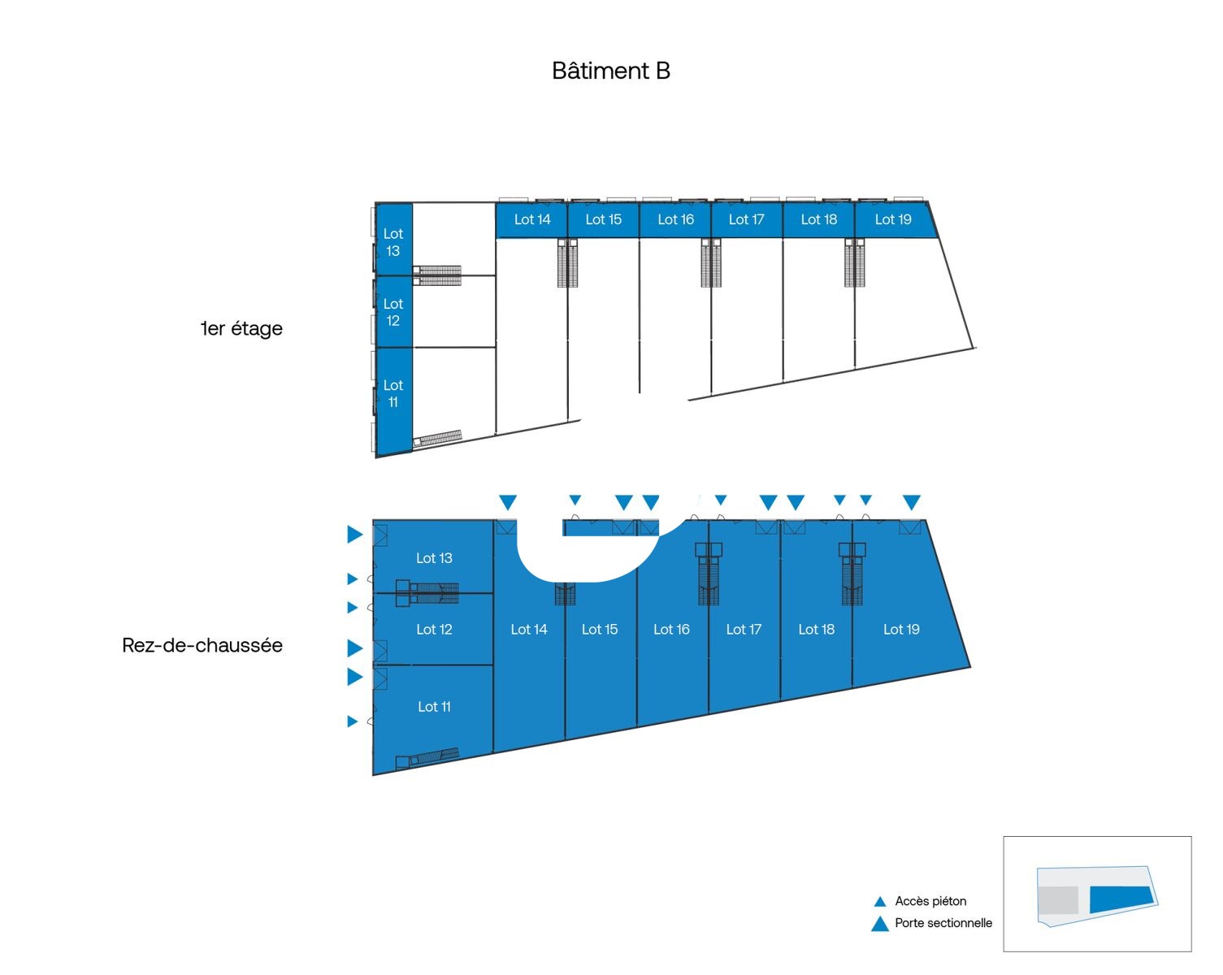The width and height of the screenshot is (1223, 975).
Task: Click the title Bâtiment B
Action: click(610, 71)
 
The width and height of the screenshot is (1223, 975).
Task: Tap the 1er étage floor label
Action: click(241, 328)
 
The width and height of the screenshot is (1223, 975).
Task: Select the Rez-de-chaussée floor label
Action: click(202, 645)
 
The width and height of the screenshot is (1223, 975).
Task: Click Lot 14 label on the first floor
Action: click(532, 219)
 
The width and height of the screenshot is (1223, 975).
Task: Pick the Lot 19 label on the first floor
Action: click(893, 219)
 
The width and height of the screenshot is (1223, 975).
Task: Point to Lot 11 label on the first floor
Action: click(393, 394)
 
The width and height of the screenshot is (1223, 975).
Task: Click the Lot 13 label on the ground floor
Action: click(434, 558)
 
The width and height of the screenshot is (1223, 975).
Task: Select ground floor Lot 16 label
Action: click(671, 630)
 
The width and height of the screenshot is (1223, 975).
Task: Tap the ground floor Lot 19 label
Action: click(901, 630)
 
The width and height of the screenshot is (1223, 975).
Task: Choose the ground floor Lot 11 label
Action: click(434, 707)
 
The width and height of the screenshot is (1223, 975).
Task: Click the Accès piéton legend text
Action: click(930, 901)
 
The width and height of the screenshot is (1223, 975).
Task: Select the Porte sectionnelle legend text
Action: click(943, 923)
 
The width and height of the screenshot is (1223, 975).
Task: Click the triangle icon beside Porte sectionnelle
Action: click(880, 924)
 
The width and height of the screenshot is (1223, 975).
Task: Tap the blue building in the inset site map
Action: click(1121, 899)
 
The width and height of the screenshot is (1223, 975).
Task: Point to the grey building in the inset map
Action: click(1059, 900)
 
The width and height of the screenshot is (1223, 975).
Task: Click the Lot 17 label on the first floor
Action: click(746, 219)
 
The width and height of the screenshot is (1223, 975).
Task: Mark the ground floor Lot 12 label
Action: click(434, 630)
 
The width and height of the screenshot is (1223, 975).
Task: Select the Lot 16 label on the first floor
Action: click(675, 219)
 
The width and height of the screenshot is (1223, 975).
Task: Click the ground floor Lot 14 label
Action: click(529, 630)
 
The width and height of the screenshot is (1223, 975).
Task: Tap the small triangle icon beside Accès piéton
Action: click(879, 902)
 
